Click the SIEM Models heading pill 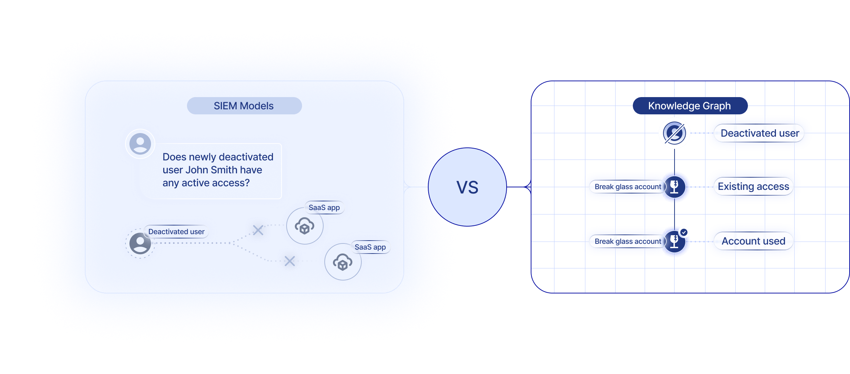(244, 106)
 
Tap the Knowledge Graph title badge (690, 106)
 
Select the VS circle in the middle (467, 187)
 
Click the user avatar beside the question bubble (140, 144)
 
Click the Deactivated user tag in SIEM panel (176, 232)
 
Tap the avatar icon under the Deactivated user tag (140, 243)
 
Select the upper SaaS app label (324, 207)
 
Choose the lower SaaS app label (370, 247)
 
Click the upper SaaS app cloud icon (305, 226)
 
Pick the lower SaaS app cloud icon (343, 262)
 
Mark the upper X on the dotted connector (258, 230)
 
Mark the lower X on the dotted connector (289, 261)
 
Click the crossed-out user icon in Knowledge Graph (674, 133)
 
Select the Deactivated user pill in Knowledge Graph (759, 133)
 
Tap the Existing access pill (753, 186)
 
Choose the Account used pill (753, 241)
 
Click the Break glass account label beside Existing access (627, 187)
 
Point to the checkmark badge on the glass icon (684, 232)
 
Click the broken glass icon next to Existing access (675, 187)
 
